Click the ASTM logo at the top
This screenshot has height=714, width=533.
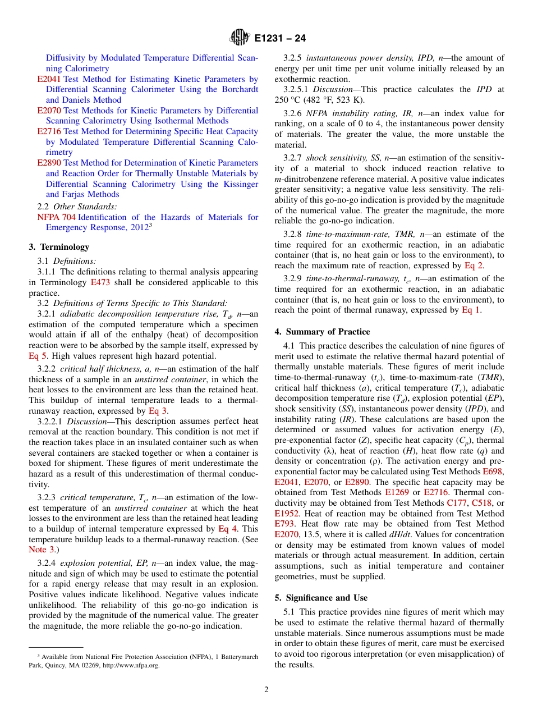pos(240,38)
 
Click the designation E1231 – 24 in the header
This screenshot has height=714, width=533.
pos(280,39)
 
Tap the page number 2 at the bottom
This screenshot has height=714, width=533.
pos(266,690)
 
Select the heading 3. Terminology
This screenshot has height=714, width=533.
pos(59,247)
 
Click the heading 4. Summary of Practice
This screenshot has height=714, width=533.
pos(322,332)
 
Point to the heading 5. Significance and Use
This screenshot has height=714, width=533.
pos(321,598)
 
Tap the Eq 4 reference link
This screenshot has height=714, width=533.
pos(228,529)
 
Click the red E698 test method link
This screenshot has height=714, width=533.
pos(493,472)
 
